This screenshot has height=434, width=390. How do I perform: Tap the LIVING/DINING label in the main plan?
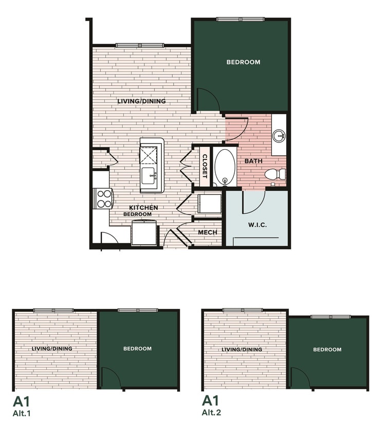click(141, 101)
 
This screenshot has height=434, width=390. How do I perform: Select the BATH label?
click(253, 161)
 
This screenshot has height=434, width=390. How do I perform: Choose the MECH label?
click(208, 232)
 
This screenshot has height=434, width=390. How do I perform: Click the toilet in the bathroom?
click(276, 174)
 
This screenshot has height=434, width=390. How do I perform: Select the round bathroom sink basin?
click(279, 136)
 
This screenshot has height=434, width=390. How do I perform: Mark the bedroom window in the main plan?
click(240, 20)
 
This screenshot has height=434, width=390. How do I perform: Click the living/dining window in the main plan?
click(139, 45)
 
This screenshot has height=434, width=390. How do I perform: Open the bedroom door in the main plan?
click(208, 100)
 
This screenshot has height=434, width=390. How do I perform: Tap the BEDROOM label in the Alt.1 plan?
click(137, 349)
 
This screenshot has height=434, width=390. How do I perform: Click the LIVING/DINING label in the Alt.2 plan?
click(242, 350)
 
